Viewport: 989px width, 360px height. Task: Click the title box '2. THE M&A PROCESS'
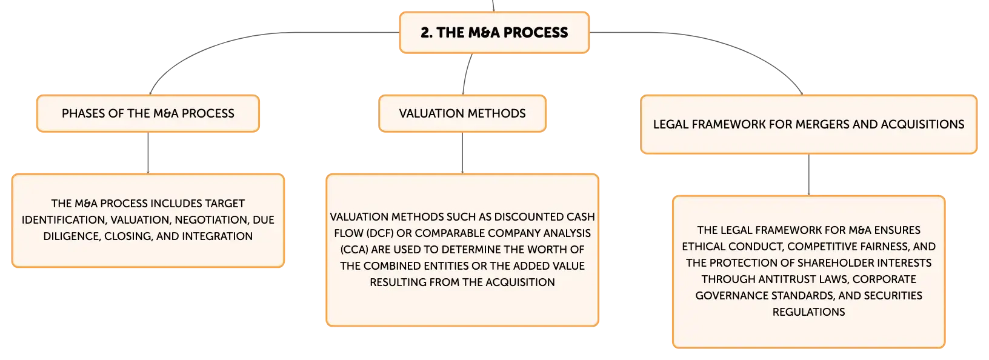point(494,33)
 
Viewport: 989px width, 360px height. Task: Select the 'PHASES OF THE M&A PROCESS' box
point(148,113)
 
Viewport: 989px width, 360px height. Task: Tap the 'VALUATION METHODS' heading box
point(462,113)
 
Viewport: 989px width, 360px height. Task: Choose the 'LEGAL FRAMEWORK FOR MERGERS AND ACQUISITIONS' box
point(808,125)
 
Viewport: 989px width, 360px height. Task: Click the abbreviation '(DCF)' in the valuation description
point(380,233)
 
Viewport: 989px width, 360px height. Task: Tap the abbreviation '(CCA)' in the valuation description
point(354,250)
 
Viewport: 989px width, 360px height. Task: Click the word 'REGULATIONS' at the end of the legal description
point(808,312)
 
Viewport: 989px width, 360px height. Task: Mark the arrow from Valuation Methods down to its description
point(462,153)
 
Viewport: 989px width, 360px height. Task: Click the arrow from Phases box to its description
point(148,153)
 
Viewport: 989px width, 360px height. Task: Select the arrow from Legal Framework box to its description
point(808,175)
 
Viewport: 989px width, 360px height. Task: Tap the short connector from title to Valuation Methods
point(466,74)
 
